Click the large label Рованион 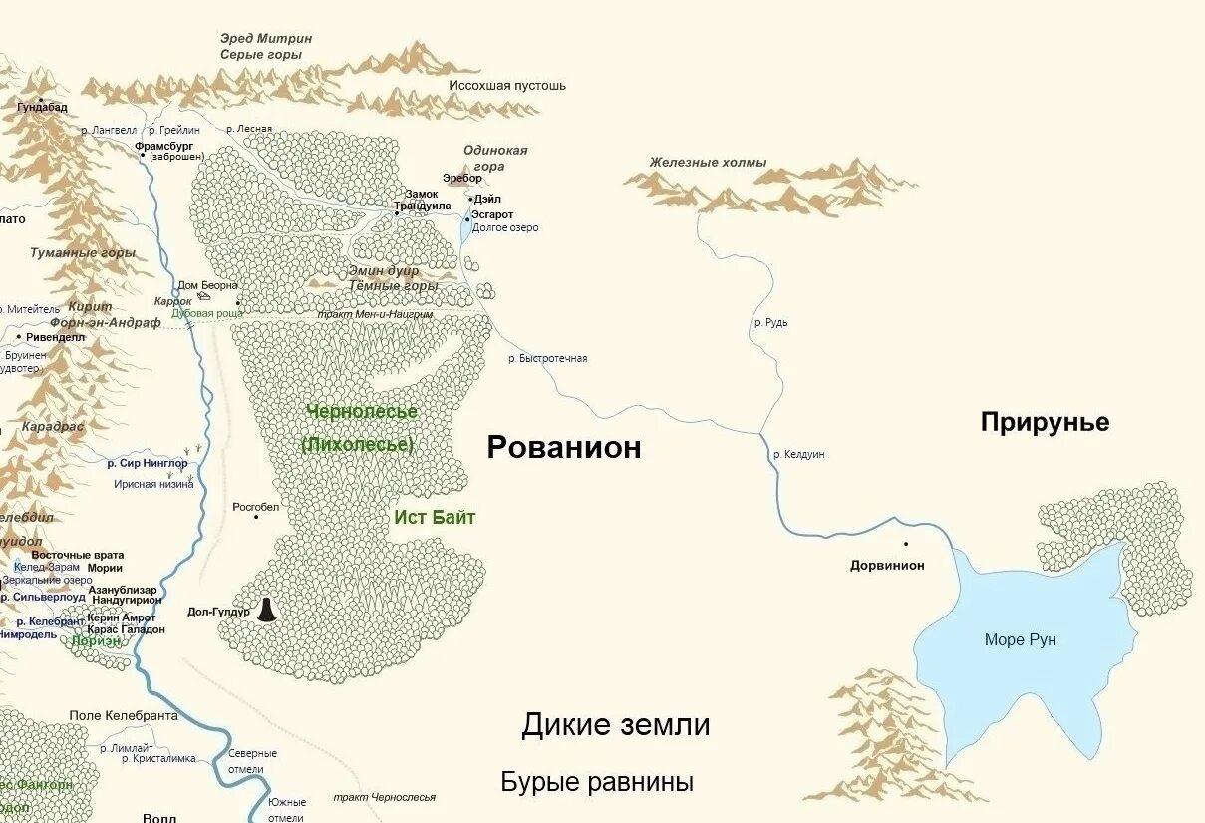point(563,448)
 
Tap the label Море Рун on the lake point(1020,640)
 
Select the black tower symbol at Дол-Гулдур point(266,610)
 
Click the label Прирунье point(1045,422)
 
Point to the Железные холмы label point(708,162)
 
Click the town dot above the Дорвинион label point(906,544)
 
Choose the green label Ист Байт point(435,517)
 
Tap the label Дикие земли point(615,725)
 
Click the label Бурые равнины point(596,782)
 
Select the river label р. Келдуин point(799,455)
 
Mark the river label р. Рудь point(771,323)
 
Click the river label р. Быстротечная point(547,358)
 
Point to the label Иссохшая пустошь point(507,86)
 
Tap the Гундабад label point(42,108)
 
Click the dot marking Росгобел point(256,517)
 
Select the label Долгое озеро point(505,228)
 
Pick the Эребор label point(461,179)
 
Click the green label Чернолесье point(362,411)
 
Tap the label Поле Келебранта point(124,716)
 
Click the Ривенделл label point(55,337)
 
